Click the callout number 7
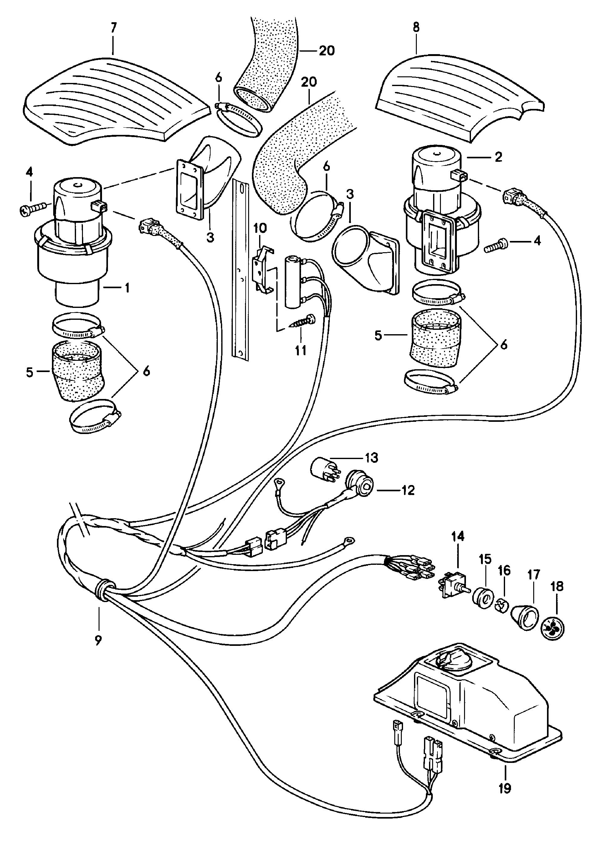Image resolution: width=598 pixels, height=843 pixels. pyautogui.click(x=113, y=28)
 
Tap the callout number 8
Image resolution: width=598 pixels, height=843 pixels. pyautogui.click(x=416, y=28)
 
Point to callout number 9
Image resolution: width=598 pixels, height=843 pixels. pyautogui.click(x=98, y=641)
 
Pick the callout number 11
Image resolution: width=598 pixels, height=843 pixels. pyautogui.click(x=300, y=350)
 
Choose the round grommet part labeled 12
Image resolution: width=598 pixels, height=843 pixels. pyautogui.click(x=360, y=486)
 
